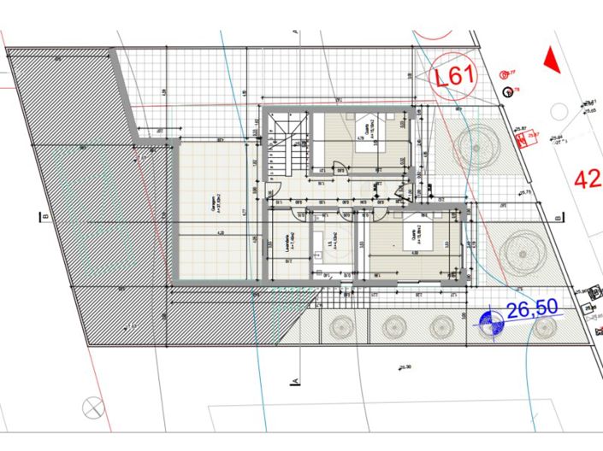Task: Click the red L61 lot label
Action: pyautogui.click(x=454, y=77)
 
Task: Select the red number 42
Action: pyautogui.click(x=587, y=179)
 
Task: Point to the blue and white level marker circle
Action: pyautogui.click(x=490, y=322)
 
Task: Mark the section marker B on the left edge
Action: pyautogui.click(x=43, y=217)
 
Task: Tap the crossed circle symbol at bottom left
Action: pyautogui.click(x=92, y=408)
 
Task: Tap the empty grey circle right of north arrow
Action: pyautogui.click(x=559, y=111)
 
